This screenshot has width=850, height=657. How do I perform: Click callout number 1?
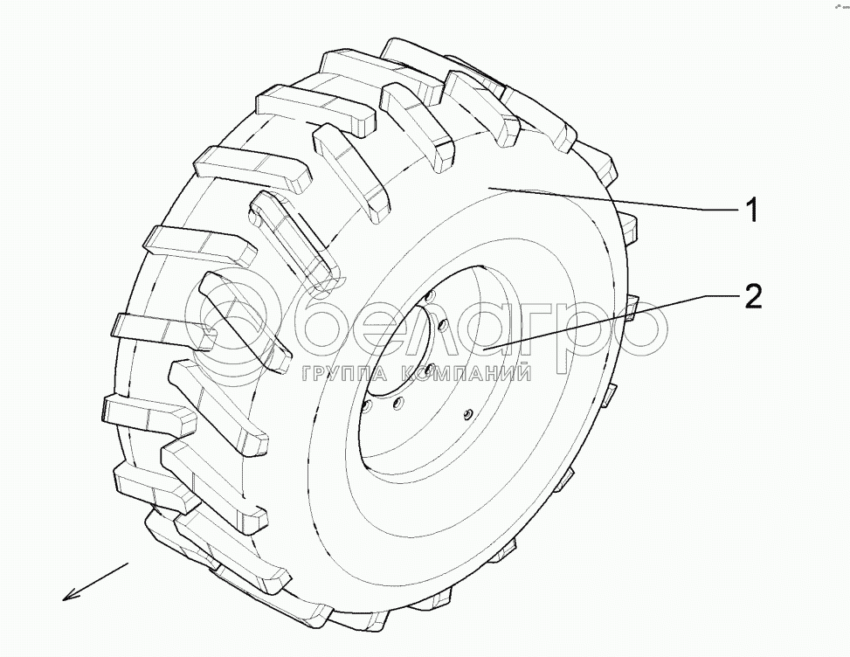(x=750, y=210)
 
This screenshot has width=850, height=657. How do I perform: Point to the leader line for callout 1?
(x=612, y=199)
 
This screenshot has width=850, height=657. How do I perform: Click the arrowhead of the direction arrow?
(x=68, y=597)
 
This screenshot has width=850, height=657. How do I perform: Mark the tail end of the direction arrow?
(x=128, y=565)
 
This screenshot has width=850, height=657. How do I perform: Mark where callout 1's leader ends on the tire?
(x=489, y=187)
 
